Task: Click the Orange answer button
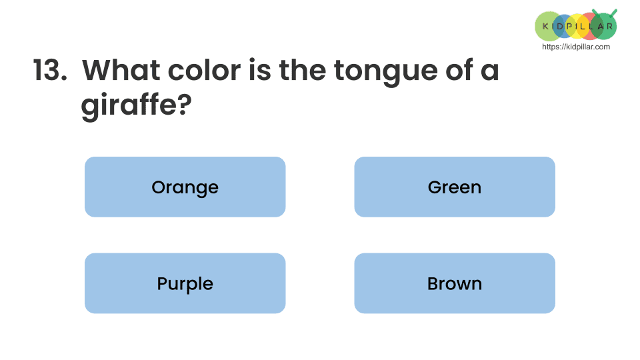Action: [x=185, y=187]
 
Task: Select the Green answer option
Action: [x=455, y=187]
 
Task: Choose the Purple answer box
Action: [x=185, y=283]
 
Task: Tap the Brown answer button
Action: [x=455, y=283]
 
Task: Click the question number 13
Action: [x=50, y=70]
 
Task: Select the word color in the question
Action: [x=204, y=70]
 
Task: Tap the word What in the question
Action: [x=121, y=70]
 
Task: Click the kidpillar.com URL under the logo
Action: [x=576, y=47]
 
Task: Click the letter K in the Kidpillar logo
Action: [x=546, y=27]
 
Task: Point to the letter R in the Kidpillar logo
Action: [x=609, y=27]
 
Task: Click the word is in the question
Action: [x=259, y=70]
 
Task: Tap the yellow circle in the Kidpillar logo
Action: [x=577, y=26]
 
